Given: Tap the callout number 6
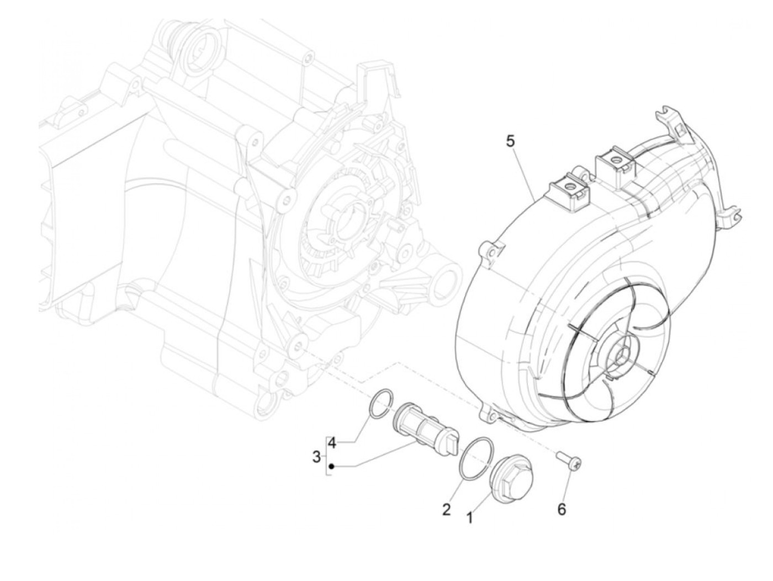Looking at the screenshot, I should point(562,509).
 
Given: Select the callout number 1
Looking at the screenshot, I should point(470,517).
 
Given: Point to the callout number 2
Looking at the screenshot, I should point(446,509).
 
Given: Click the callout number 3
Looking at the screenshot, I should point(316,457).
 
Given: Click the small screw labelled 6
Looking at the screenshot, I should point(567,457).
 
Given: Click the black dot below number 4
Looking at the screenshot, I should point(331,467).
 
